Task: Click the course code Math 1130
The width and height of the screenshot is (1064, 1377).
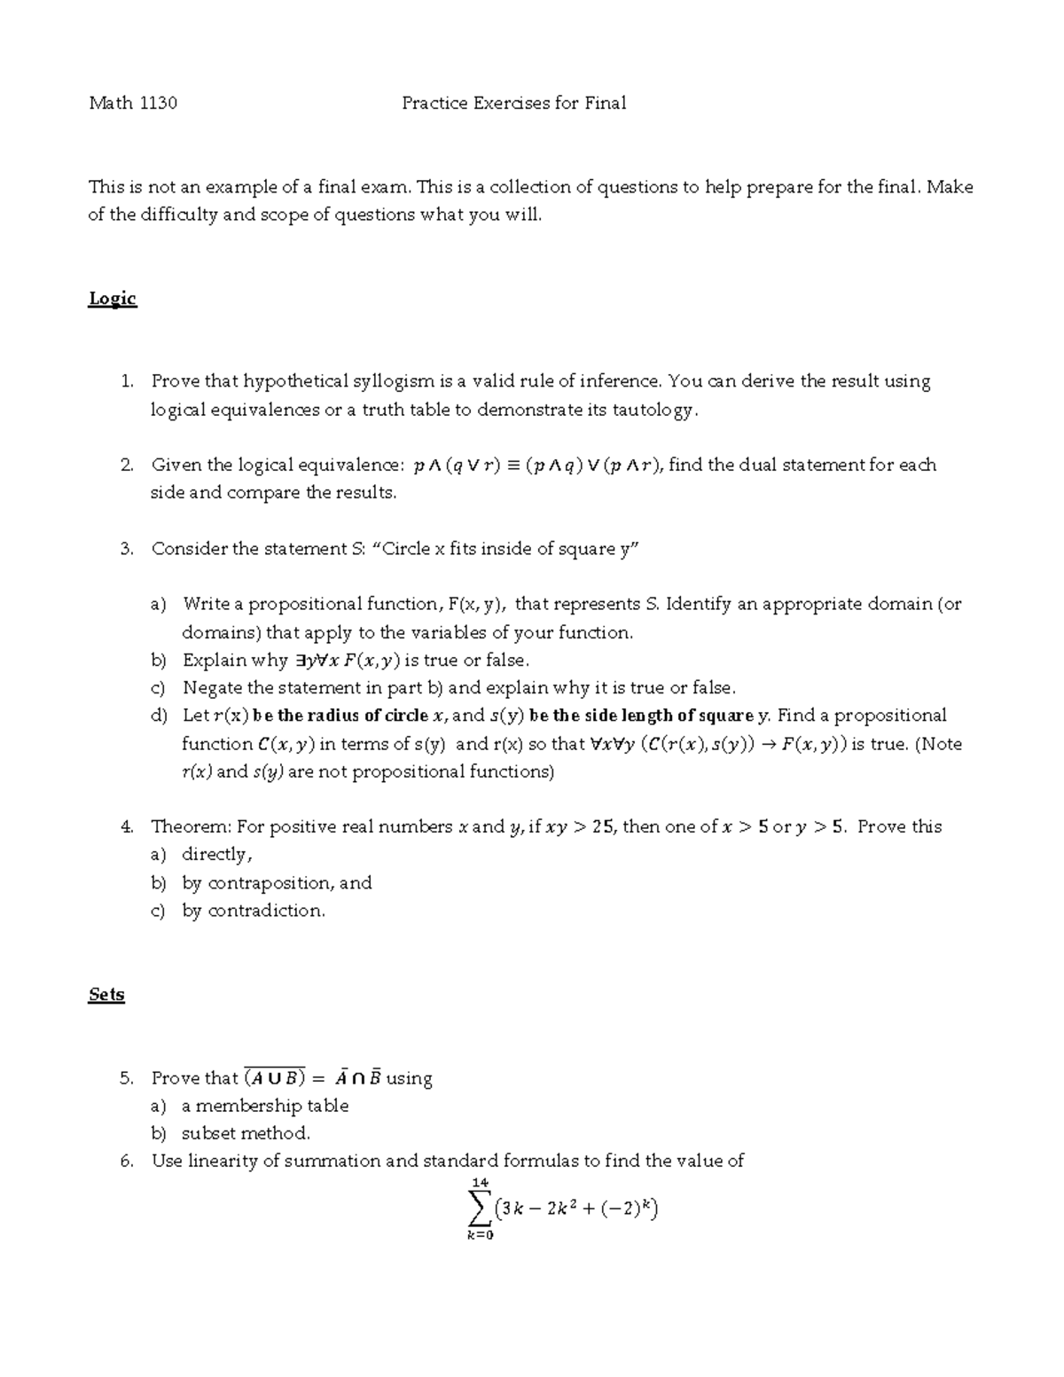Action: (x=133, y=103)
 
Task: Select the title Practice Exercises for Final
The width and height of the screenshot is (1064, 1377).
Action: (x=513, y=103)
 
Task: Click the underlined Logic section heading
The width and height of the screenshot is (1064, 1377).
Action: (x=113, y=299)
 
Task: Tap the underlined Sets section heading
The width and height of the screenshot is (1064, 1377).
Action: (x=106, y=995)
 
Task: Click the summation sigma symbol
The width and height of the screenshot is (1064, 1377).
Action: (x=480, y=1207)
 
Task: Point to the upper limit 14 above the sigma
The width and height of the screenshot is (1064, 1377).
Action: (x=481, y=1182)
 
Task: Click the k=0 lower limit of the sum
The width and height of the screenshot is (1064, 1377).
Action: (x=480, y=1235)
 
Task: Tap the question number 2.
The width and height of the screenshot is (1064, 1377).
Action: (x=127, y=466)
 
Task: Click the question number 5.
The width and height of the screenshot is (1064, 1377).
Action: (x=127, y=1078)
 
